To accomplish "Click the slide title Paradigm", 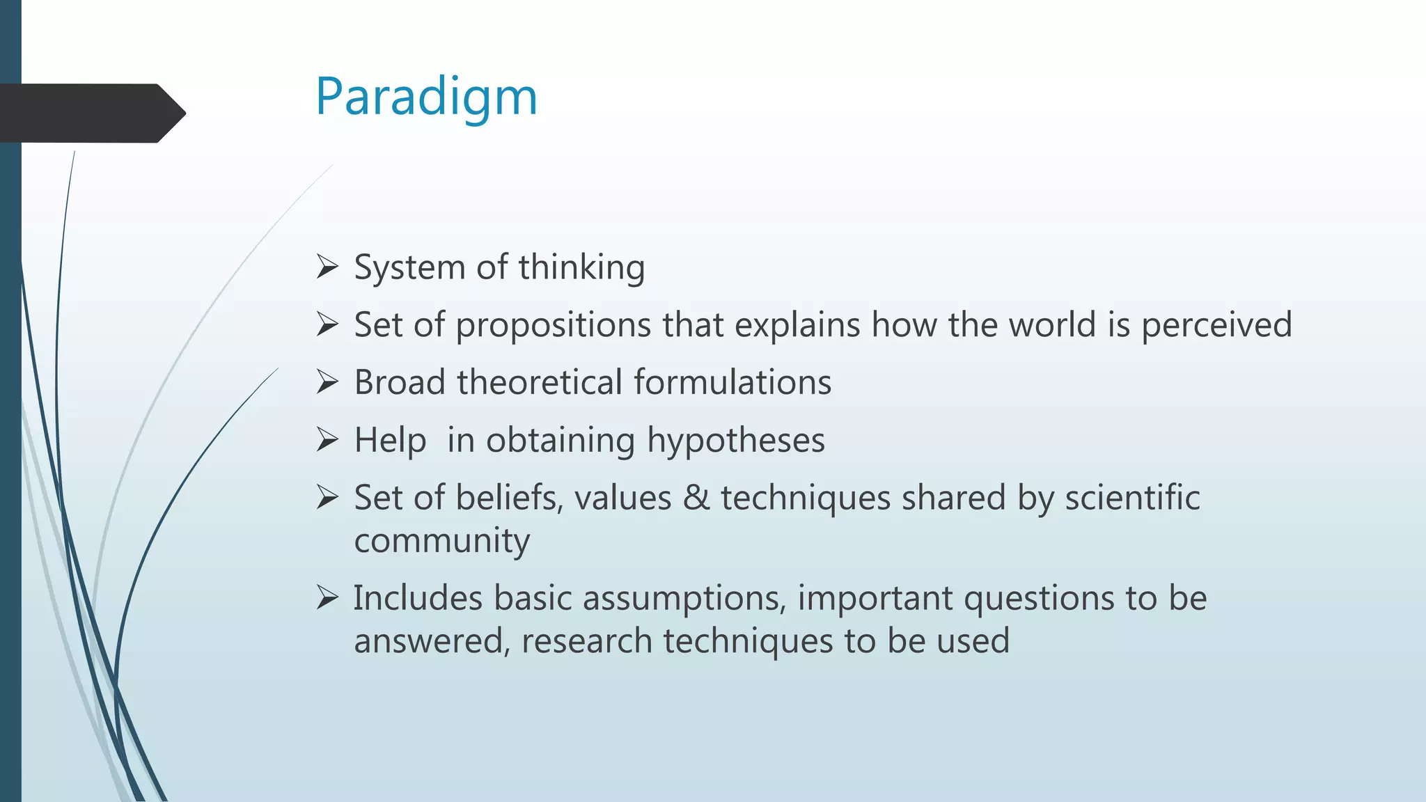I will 426,97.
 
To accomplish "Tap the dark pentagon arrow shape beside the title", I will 91,113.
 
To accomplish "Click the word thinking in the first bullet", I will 581,268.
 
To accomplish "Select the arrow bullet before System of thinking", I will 327,267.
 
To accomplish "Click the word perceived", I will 1216,326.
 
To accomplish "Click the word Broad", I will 400,383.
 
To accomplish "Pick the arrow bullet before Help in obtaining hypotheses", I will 327,439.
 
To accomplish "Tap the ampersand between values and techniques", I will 696,498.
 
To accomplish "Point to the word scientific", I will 1132,498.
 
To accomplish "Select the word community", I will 441,542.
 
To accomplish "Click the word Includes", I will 418,598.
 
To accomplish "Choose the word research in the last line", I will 586,641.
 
